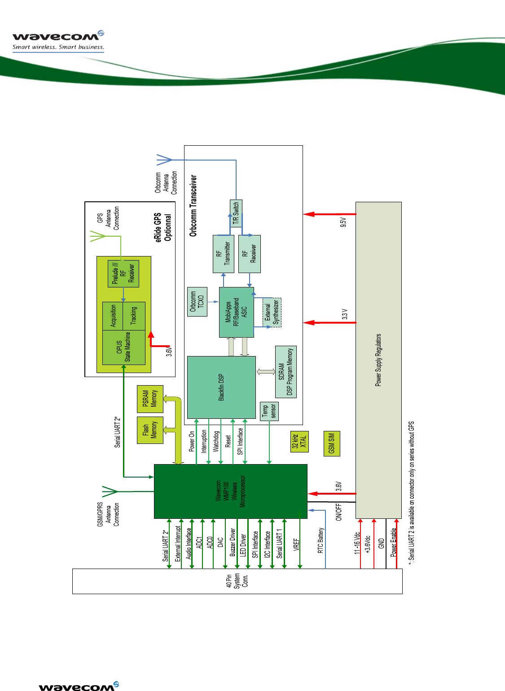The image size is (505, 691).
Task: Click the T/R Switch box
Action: coord(236,213)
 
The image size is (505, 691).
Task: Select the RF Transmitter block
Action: coord(223,254)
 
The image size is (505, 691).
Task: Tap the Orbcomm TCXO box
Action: coord(197,302)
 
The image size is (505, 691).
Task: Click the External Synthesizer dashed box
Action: coord(272,312)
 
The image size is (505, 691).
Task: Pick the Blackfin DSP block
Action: coord(221,387)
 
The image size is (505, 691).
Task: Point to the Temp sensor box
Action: coord(269,411)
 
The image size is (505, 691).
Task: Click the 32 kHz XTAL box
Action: coord(299,441)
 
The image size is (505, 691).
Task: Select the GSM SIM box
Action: coord(332,443)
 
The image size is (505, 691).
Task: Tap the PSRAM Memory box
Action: coord(150,399)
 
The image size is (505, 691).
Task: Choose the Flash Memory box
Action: coord(150,430)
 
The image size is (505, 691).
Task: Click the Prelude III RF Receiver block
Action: coord(123,274)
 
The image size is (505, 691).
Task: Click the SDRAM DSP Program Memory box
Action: coord(285,372)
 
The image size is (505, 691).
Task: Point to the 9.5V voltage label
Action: coord(343,222)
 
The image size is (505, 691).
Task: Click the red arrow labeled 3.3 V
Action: coord(329,322)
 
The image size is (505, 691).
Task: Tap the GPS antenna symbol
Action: coord(99,236)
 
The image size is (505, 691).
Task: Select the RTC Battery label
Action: coord(321,540)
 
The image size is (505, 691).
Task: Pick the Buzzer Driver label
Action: coord(233,542)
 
